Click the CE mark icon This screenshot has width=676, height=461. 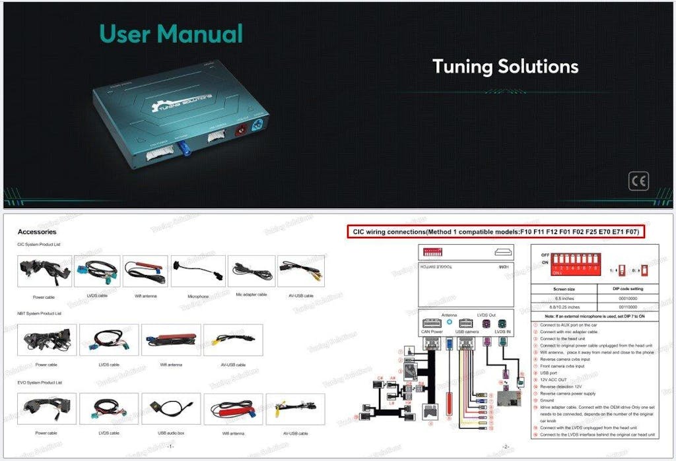(638, 181)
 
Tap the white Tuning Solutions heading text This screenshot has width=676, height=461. (505, 66)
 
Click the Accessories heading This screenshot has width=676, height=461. (37, 232)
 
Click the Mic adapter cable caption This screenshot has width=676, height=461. (252, 295)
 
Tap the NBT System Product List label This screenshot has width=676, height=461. (39, 313)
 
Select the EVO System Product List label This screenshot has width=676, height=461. (39, 383)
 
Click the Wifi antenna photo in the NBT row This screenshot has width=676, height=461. (171, 340)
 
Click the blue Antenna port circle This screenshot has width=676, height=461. (450, 323)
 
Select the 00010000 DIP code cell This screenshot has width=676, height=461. (627, 298)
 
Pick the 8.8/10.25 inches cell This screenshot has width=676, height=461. (563, 307)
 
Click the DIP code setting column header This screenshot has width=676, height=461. (627, 289)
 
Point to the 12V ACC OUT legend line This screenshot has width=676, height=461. (554, 380)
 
